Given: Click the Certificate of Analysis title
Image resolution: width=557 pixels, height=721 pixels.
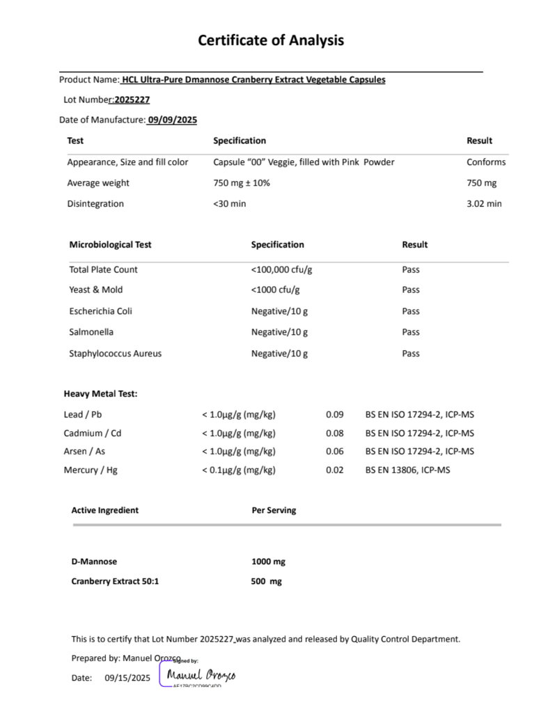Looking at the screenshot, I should pos(271,40).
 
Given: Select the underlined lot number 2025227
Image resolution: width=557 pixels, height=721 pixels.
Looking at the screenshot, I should pos(132,100).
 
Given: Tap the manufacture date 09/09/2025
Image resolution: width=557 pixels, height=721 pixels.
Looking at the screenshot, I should pos(172,120).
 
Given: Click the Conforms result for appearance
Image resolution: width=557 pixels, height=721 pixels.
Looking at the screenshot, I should pos(486,162).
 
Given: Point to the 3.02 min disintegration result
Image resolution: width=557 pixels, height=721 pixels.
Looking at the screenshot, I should pos(484,204).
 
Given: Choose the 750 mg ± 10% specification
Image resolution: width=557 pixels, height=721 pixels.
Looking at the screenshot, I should pos(242,183).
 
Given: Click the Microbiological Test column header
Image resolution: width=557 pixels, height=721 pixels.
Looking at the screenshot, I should pos(110,244).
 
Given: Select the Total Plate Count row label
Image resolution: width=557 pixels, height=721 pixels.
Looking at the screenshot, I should pos(103,269).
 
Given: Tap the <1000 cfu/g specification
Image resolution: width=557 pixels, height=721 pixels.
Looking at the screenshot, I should pos(276,290).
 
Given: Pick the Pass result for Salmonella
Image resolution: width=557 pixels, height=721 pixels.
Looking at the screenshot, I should pos(411,332).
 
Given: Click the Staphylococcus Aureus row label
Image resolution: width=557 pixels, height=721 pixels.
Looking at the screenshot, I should pos(115,354).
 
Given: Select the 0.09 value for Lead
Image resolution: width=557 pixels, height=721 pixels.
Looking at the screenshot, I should pos(335,415).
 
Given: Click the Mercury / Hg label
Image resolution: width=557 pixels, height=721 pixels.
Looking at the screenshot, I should pos(91,470).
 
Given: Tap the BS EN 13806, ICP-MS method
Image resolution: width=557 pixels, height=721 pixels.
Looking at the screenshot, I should pos(407,470).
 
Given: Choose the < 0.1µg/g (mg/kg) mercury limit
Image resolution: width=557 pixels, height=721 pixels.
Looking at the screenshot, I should pos(239,470).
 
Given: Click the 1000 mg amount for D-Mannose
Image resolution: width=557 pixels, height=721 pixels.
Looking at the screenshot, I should pos(268,562).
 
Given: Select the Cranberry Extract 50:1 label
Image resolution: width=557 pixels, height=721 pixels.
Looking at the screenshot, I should pos(115,581).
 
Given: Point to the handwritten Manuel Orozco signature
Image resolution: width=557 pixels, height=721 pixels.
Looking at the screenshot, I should pos(201,675).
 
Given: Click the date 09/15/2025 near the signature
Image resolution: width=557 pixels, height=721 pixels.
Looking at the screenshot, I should pos(127,677).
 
